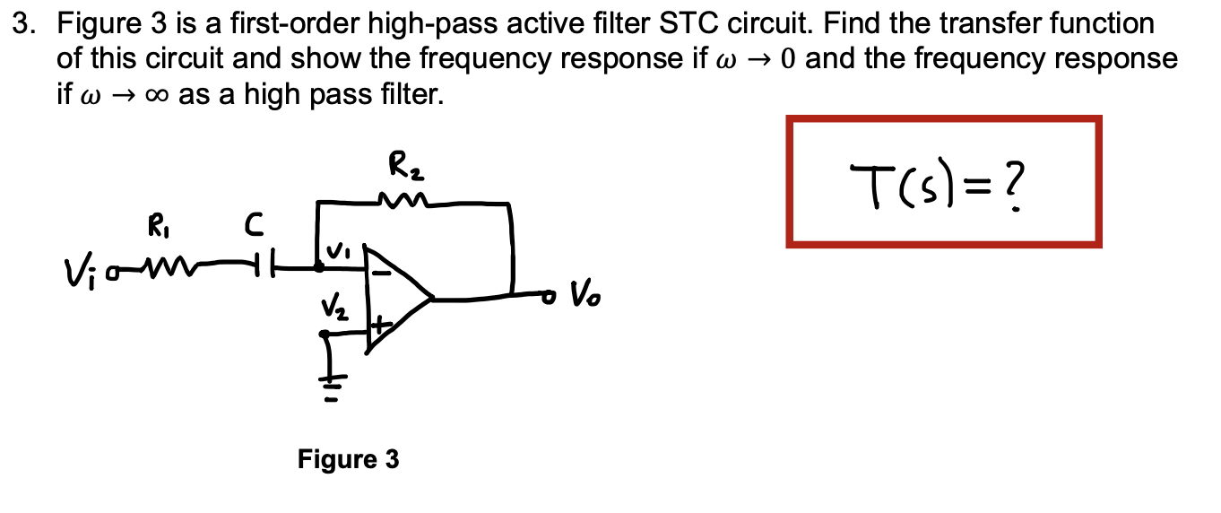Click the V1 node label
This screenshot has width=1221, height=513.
(x=340, y=251)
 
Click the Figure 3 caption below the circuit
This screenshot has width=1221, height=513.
(x=349, y=460)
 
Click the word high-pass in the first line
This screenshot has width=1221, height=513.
(x=438, y=24)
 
